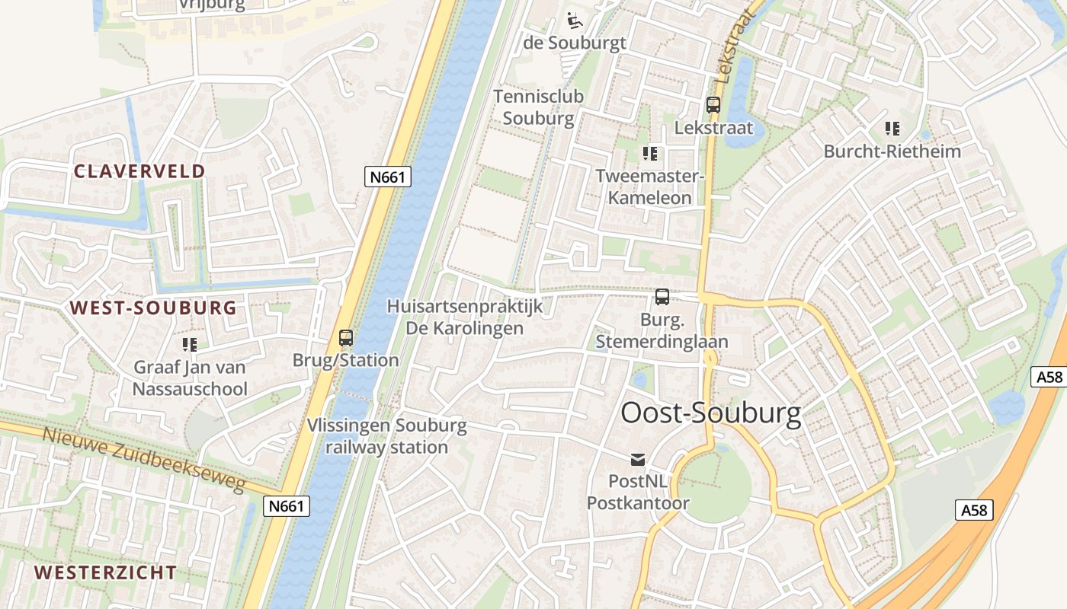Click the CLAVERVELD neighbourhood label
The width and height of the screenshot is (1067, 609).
139,171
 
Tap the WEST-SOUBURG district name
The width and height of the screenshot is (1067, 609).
153,308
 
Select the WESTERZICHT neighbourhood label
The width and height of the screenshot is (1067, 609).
105,572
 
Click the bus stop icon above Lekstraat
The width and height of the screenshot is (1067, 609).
713,106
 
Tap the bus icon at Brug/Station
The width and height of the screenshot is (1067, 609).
346,337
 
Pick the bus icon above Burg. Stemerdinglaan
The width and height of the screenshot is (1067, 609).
662,297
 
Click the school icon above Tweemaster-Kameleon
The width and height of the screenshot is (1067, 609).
649,155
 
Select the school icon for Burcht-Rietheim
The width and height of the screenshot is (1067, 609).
892,129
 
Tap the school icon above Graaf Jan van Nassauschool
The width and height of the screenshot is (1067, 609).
190,345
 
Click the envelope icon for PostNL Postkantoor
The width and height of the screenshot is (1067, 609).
637,459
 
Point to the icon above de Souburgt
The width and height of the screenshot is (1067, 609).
574,19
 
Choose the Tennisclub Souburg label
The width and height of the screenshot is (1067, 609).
538,107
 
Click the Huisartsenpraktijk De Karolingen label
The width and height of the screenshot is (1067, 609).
465,317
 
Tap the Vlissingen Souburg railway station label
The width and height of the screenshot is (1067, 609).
387,436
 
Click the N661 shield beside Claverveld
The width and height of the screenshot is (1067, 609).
389,177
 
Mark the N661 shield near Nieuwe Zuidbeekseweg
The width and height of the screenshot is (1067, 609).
287,506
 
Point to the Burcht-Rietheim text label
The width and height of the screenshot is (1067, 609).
892,151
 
